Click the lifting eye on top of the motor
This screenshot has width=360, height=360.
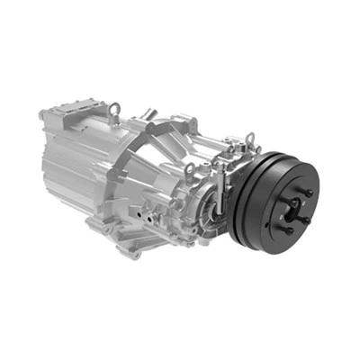pos(114,110)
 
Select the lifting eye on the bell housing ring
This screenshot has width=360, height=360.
pos(191,170)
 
